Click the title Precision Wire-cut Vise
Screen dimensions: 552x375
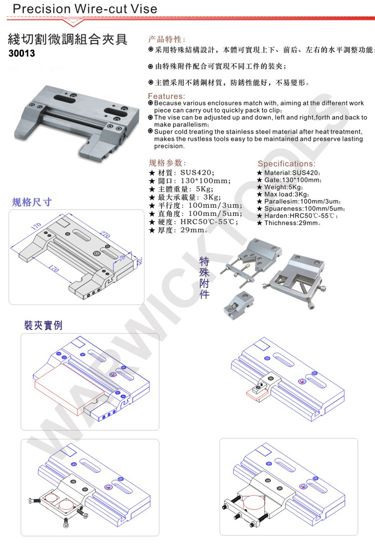click(84, 9)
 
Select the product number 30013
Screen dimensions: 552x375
click(22, 53)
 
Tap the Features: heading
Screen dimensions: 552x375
click(166, 96)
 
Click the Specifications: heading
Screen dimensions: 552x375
click(286, 164)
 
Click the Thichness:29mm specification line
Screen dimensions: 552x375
click(288, 223)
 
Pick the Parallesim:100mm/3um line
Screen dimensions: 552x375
click(298, 201)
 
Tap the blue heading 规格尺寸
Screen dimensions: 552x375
click(32, 202)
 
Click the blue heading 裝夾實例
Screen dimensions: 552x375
click(43, 325)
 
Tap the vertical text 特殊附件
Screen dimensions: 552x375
click(204, 278)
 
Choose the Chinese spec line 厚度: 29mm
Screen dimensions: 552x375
click(178, 230)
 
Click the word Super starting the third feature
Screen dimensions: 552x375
click(164, 131)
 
